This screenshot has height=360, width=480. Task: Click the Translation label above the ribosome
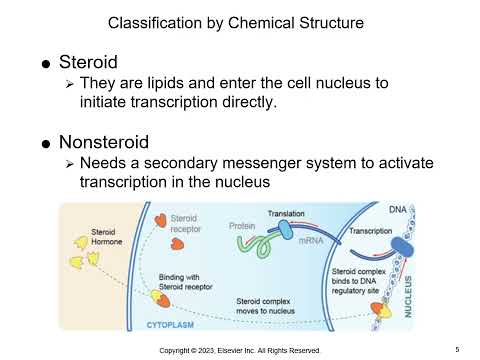(287, 214)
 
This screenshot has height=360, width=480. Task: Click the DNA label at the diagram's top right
(397, 209)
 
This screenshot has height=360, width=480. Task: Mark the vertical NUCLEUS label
(408, 289)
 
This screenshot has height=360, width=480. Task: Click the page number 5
(456, 349)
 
